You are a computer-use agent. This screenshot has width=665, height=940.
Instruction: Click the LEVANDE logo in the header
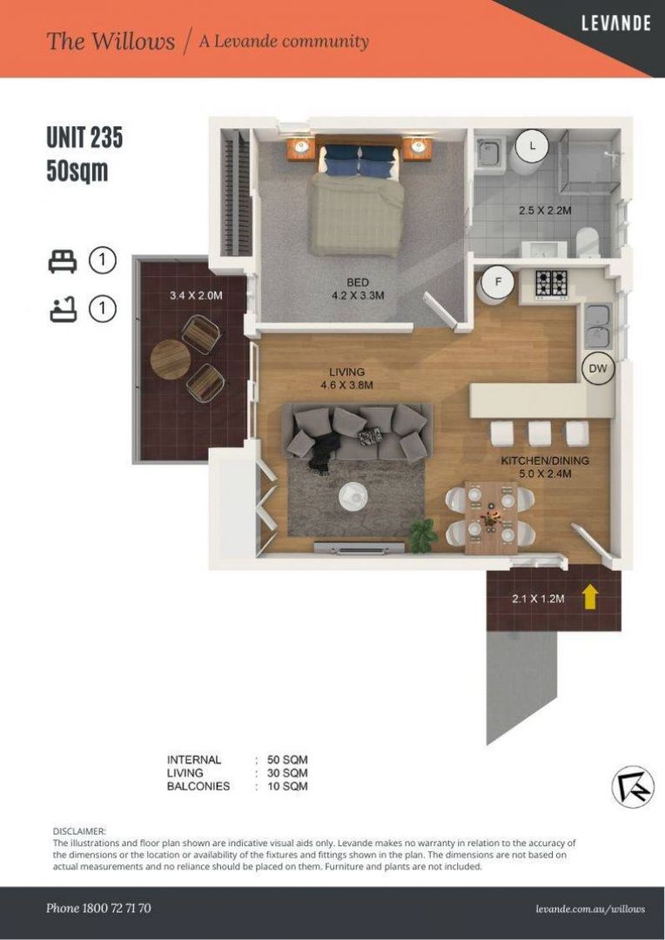(x=616, y=23)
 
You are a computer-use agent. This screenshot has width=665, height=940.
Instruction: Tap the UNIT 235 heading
(x=84, y=138)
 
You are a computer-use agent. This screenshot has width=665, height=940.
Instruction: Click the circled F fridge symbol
(x=498, y=280)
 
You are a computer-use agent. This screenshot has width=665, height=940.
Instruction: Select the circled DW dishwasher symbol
(x=598, y=369)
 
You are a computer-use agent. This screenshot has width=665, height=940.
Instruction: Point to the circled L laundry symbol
(x=533, y=144)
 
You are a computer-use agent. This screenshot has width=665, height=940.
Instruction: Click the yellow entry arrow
(x=591, y=597)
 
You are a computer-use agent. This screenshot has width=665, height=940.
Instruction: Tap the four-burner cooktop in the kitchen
(x=551, y=282)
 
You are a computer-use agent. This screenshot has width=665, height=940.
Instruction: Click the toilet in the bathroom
(x=588, y=242)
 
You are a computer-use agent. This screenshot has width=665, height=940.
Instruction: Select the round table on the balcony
(x=171, y=359)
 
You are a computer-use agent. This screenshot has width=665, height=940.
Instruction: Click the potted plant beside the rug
(x=423, y=534)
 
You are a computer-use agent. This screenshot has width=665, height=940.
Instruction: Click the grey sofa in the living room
(x=358, y=433)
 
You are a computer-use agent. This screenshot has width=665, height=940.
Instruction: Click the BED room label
(x=358, y=282)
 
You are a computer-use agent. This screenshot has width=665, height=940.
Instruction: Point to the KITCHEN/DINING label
(x=545, y=461)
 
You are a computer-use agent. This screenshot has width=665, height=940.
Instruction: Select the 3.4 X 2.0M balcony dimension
(x=196, y=295)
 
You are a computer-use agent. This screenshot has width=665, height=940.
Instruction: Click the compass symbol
(x=633, y=787)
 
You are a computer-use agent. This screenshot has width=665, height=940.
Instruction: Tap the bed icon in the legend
(x=63, y=261)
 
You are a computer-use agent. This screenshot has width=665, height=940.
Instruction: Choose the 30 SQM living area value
(x=287, y=773)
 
